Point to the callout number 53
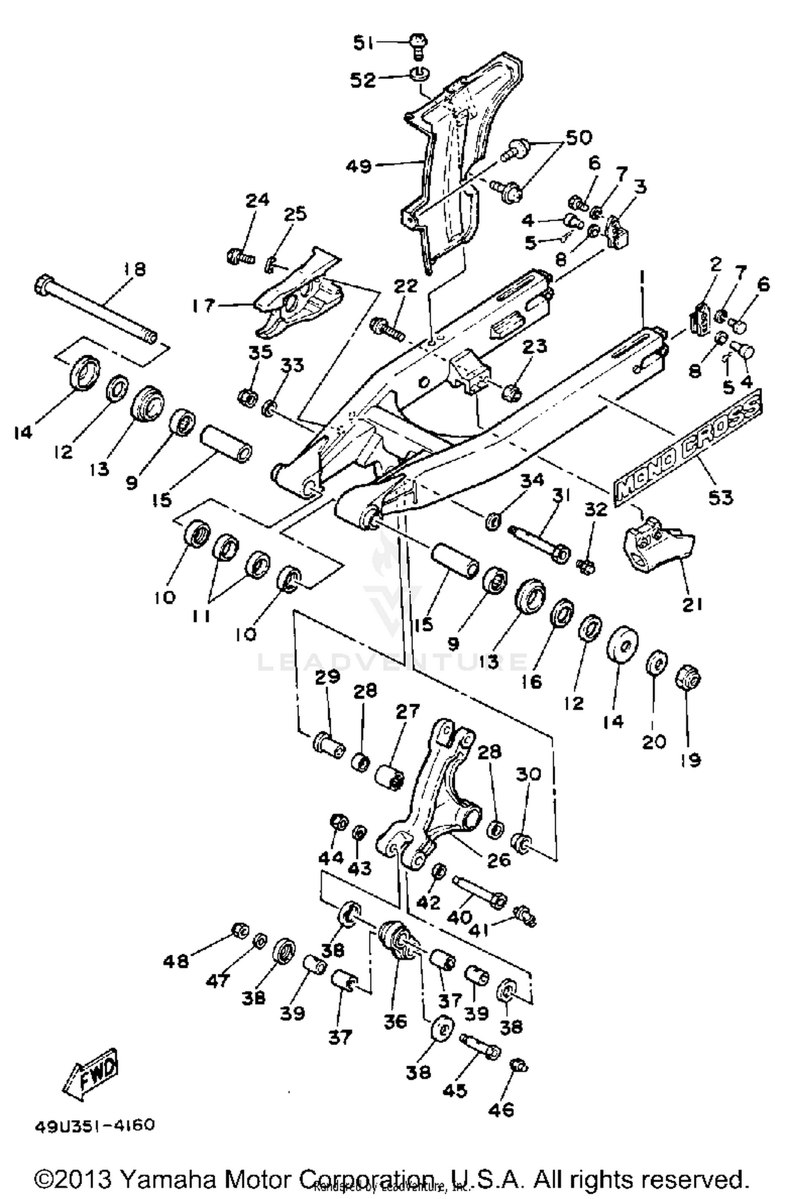point(720,496)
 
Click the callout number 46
point(501,1106)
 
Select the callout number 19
point(691,759)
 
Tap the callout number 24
point(257,200)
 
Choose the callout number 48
point(175,961)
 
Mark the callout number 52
point(363,80)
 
